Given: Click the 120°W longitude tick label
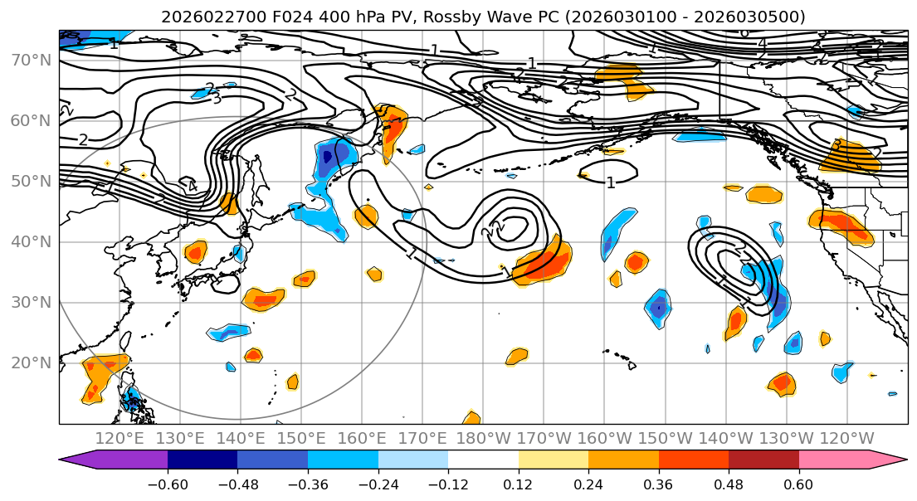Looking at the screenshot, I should pos(846,438).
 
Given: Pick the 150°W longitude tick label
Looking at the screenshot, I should pos(666,438).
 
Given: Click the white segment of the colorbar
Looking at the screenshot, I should pos(483,460).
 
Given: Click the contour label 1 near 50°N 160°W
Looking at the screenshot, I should pos(611,182).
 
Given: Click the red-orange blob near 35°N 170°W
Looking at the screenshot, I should pos(544,264).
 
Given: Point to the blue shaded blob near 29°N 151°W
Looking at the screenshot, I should pos(657,308).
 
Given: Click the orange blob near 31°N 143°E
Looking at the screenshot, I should pos(264,299).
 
